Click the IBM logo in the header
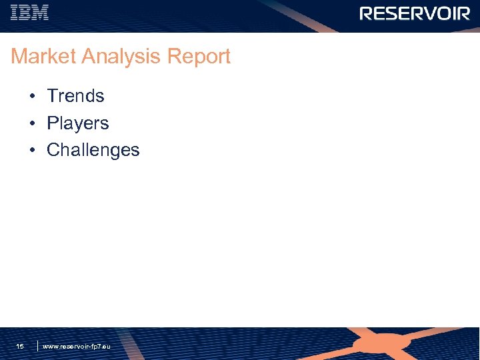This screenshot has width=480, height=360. [x=29, y=13]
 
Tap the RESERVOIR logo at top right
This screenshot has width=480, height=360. [x=415, y=14]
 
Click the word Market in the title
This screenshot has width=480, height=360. [x=43, y=57]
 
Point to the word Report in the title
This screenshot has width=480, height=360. [x=199, y=57]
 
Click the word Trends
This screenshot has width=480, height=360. [x=75, y=96]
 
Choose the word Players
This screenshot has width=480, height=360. [x=77, y=123]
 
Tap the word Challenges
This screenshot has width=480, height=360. [x=93, y=150]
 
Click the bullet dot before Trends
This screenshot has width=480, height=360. [x=32, y=97]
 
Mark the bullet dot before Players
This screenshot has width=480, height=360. [x=32, y=124]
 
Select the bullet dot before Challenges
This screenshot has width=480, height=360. [x=32, y=151]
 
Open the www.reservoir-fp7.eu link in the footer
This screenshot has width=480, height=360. [x=77, y=347]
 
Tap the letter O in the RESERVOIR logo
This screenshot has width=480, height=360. [x=443, y=14]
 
